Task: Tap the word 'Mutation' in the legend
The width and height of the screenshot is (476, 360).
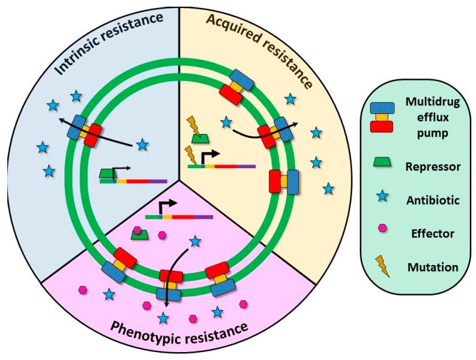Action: (430, 266)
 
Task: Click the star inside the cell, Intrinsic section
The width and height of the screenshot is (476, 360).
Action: (142, 144)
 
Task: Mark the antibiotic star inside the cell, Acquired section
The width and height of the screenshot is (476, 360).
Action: (226, 123)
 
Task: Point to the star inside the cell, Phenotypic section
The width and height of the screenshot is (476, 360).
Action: (195, 242)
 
